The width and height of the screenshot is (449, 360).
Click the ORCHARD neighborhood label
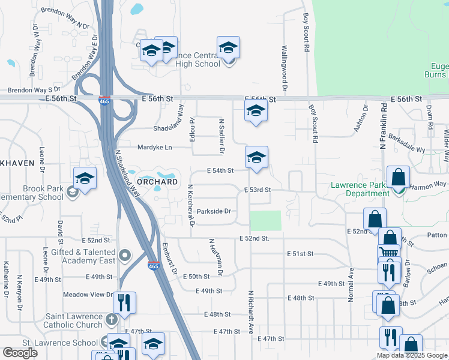[x=157, y=181]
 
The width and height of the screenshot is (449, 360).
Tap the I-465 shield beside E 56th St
[x=104, y=101]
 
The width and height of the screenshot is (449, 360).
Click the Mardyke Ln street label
[x=155, y=147]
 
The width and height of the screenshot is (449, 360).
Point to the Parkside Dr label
[x=214, y=211]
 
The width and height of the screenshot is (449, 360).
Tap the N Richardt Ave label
[x=250, y=312]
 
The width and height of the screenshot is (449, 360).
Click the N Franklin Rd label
[x=382, y=126]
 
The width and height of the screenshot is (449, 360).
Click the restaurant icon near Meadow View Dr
[x=124, y=302]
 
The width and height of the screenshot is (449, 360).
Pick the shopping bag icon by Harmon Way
[x=398, y=177]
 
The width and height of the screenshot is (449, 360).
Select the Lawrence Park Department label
[x=360, y=190]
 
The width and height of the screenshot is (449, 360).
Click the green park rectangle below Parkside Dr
[x=265, y=220]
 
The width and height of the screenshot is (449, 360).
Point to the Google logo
[x=20, y=353]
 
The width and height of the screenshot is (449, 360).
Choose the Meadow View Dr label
[x=89, y=295]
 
